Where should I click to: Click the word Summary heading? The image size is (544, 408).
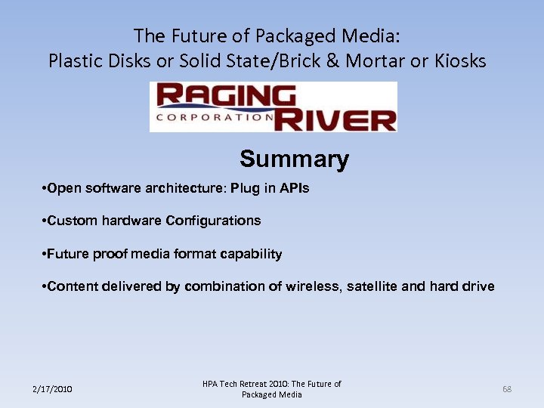(294, 159)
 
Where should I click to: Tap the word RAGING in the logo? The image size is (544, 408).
(227, 97)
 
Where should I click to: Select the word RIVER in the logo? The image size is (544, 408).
(335, 119)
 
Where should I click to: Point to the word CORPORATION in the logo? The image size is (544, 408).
(215, 118)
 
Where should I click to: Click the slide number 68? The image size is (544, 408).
(507, 389)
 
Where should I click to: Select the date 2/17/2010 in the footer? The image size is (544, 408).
(52, 389)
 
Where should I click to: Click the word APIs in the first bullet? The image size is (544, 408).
(294, 188)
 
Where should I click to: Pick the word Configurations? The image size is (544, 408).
(213, 221)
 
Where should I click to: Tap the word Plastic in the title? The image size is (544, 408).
(74, 60)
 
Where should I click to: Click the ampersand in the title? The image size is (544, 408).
(332, 60)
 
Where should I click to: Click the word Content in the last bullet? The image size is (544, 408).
(71, 286)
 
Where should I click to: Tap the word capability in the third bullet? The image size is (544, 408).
(252, 254)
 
